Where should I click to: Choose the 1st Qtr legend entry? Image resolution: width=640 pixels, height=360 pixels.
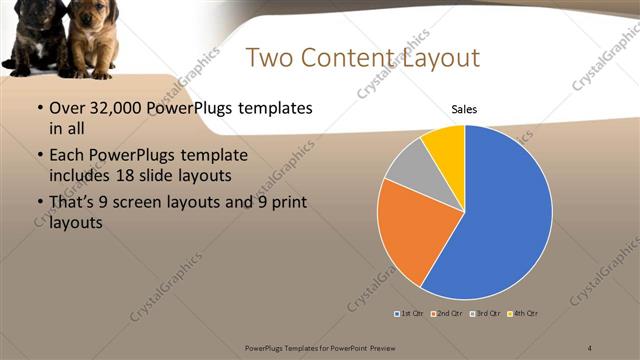pos(409,314)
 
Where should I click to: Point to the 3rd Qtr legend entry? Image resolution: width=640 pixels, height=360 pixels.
pos(487,314)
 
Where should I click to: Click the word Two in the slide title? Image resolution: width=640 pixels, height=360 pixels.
pos(268,58)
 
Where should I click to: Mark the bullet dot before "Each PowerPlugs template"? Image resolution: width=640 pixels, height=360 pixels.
pos(39,156)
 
